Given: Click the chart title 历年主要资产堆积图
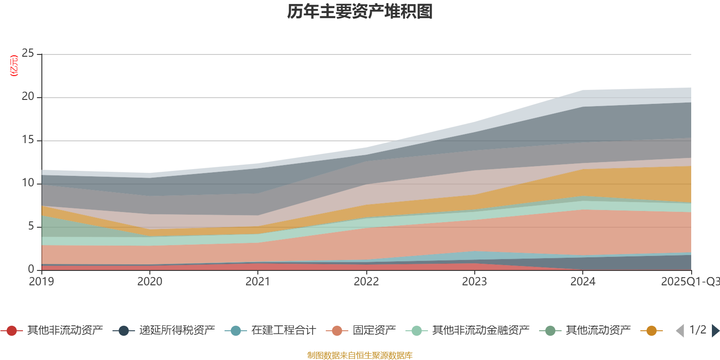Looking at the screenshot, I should click(360, 12).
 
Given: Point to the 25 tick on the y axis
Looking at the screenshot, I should click(28, 54).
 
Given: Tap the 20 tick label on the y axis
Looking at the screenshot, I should click(28, 97).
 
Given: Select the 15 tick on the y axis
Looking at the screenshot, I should click(28, 140).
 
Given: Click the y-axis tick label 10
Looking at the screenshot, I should click(28, 183).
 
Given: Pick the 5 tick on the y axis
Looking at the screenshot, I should click(31, 226).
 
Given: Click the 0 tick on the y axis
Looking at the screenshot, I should click(31, 269).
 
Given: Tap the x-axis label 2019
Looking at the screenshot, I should click(41, 282).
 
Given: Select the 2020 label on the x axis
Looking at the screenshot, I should click(150, 282).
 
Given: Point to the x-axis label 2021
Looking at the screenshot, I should click(258, 282).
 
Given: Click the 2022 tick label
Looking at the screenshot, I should click(366, 282).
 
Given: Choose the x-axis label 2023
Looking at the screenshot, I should click(474, 282).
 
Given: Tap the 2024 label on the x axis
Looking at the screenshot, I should click(583, 282).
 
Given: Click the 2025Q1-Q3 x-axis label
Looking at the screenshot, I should click(690, 282).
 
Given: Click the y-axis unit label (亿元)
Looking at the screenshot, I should click(14, 66).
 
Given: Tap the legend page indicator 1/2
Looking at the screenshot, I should click(697, 330).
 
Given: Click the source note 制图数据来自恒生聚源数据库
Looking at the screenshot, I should click(360, 355).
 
